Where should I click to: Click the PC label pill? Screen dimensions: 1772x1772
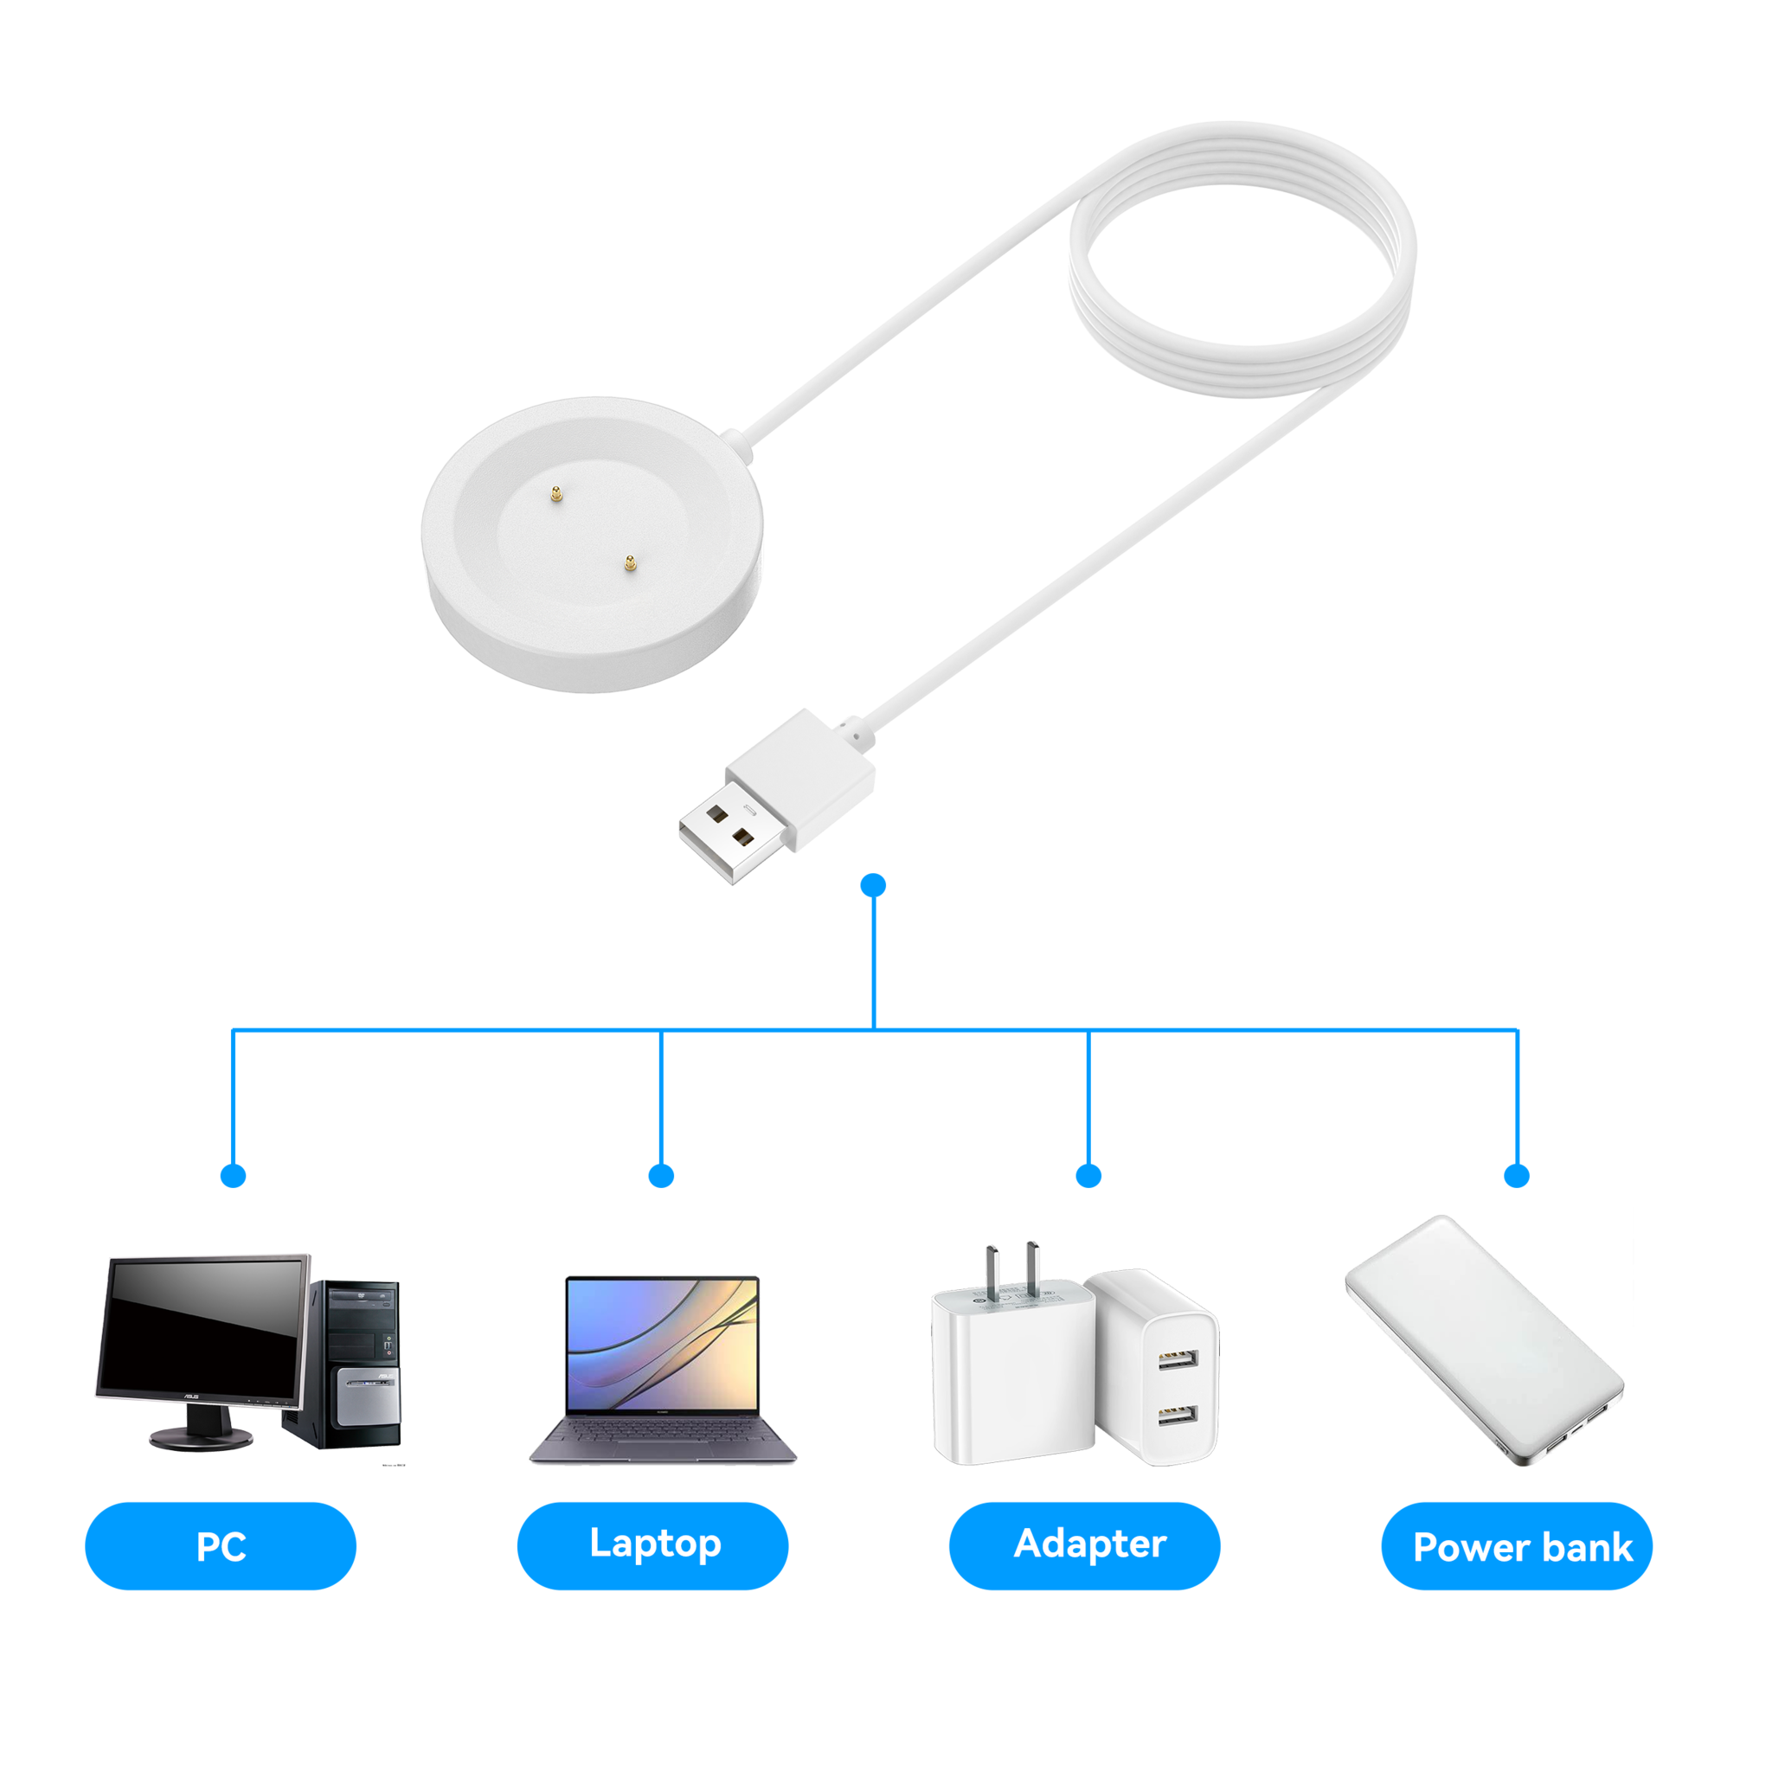coord(220,1545)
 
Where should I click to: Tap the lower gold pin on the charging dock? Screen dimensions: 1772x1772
coord(629,564)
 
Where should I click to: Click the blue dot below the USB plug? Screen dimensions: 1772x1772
coord(874,885)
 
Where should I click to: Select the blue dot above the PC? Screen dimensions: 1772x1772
coord(234,1175)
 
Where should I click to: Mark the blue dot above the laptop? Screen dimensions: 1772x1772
coord(661,1175)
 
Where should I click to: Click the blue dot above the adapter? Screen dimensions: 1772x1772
coord(1088,1175)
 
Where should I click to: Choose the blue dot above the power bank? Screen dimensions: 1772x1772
coord(1518,1175)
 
